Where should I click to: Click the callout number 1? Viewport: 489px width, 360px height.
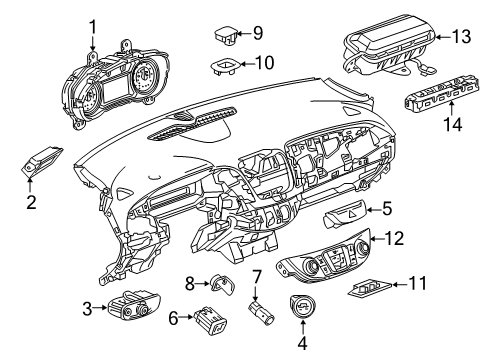[x=92, y=26]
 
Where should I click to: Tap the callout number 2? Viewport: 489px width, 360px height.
[x=31, y=203]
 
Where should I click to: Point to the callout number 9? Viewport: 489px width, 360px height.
[x=258, y=32]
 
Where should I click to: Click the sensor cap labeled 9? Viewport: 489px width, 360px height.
[x=226, y=35]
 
